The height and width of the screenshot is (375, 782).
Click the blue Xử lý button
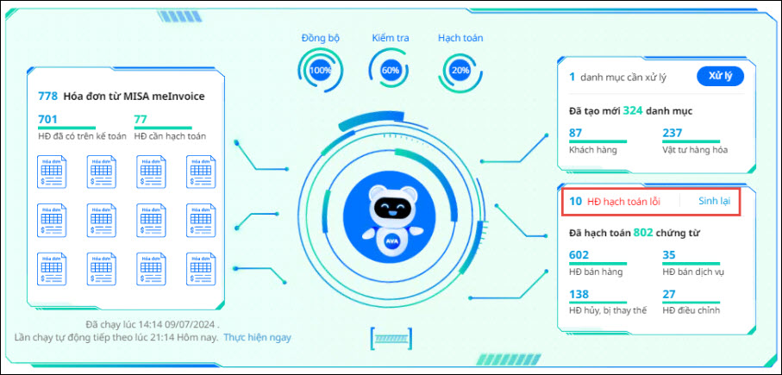[720, 76]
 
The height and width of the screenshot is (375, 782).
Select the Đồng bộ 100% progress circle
[320, 70]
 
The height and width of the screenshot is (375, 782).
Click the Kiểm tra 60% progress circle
[390, 70]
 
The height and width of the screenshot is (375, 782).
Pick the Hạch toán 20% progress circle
[460, 70]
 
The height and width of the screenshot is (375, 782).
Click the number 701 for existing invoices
[47, 120]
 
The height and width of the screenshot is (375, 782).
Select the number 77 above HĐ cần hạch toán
[141, 120]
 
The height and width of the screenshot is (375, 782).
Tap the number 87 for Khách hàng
[576, 133]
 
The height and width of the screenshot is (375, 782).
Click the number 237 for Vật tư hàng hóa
[672, 133]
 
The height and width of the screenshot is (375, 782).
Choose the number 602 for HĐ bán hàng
[579, 255]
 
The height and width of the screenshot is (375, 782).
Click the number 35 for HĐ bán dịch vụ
[668, 255]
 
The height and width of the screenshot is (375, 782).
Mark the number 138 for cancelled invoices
[579, 294]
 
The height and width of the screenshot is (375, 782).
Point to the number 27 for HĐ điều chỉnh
[668, 294]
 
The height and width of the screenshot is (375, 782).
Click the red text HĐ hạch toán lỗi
[622, 202]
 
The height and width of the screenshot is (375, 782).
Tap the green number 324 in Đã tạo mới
[633, 110]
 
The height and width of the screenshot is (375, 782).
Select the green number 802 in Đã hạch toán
[644, 232]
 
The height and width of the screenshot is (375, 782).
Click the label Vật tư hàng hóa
[695, 149]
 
